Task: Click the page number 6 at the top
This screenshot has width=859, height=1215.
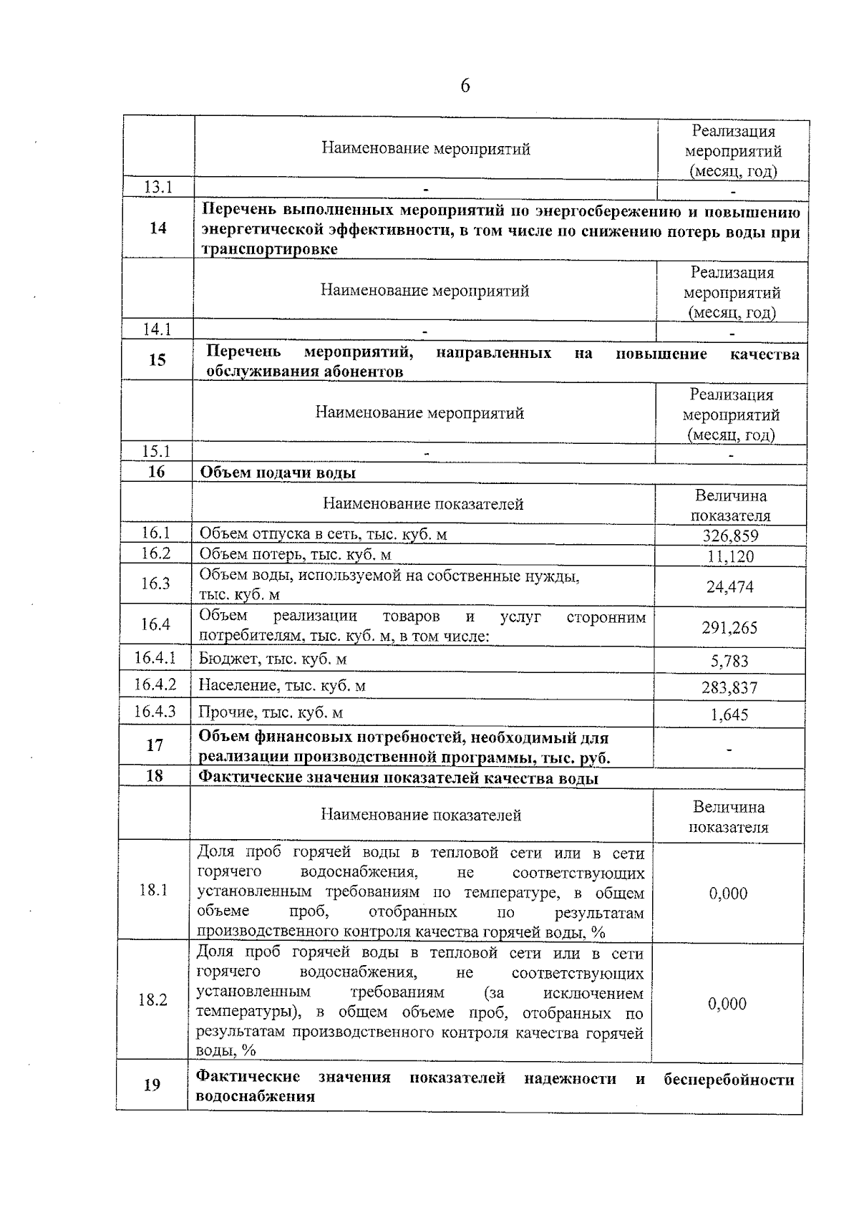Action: pos(465,87)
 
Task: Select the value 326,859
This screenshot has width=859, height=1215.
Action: pos(730,536)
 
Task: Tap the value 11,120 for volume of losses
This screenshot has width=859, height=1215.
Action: pos(730,556)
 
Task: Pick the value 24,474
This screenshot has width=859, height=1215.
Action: pos(730,587)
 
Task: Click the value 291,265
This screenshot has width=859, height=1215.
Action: pos(729,628)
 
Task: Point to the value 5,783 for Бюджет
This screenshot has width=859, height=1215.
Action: pos(729,661)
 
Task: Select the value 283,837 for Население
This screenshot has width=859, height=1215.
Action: pos(729,688)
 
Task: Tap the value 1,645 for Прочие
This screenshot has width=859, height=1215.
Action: pos(729,715)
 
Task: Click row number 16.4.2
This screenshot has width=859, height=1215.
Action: pos(155,684)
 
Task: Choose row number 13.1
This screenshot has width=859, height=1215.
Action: pos(158,188)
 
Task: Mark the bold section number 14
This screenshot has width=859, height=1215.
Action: pos(158,228)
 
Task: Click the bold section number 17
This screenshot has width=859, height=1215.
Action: pos(155,745)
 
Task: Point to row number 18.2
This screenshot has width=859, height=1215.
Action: pos(153,1000)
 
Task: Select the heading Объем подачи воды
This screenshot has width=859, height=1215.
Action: pos(277,473)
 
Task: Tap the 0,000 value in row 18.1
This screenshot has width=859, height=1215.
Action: pos(728,894)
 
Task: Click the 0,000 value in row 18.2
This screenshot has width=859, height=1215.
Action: pos(728,1004)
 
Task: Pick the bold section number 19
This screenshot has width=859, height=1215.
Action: pos(152,1085)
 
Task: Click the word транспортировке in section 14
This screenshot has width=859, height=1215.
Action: pos(269,249)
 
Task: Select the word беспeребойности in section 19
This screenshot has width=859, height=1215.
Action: pos(729,1079)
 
